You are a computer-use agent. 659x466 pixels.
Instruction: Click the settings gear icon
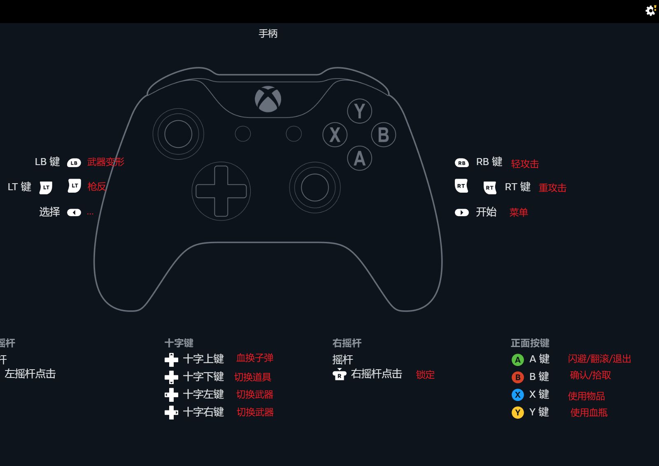click(650, 11)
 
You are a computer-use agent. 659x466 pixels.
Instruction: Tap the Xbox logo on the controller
click(268, 99)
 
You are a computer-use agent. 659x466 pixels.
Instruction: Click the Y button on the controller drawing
click(359, 111)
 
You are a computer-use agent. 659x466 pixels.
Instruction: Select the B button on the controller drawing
click(383, 135)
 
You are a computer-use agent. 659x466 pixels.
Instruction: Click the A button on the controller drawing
click(359, 158)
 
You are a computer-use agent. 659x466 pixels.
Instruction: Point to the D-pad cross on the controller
click(221, 191)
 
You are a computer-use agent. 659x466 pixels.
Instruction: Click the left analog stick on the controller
click(178, 134)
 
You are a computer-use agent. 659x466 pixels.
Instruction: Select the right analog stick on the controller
click(315, 187)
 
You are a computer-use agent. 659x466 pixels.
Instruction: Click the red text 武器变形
click(105, 162)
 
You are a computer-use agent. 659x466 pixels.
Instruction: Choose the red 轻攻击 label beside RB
click(525, 164)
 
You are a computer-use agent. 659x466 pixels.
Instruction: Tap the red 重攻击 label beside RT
click(552, 188)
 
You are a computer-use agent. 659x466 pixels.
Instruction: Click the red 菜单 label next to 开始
click(518, 212)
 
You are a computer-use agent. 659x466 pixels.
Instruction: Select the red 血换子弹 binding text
click(255, 358)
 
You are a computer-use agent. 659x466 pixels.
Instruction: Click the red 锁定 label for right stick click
click(425, 375)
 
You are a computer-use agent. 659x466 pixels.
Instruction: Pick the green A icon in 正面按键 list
click(517, 360)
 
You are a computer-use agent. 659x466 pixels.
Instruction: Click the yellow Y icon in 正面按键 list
click(517, 412)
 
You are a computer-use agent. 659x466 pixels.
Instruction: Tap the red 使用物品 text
click(586, 396)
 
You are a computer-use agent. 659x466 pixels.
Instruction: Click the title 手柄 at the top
click(268, 34)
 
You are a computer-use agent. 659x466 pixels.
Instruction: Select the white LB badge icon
click(74, 163)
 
